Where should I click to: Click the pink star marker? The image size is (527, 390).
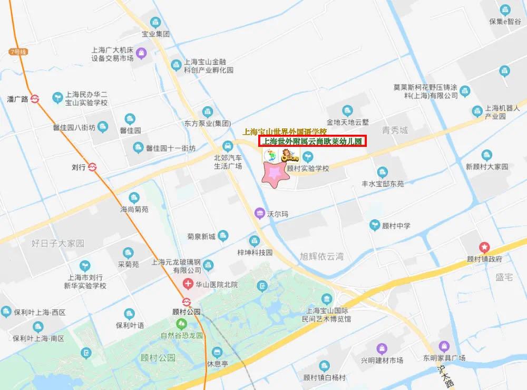(275, 175)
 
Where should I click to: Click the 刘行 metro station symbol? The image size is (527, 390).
(93, 167)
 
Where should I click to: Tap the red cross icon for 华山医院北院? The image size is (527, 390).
(187, 285)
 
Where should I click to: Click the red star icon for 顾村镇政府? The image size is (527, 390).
(483, 246)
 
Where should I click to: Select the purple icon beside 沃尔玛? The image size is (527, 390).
(259, 213)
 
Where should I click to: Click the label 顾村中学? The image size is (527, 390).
(396, 226)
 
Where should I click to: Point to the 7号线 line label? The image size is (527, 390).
(17, 51)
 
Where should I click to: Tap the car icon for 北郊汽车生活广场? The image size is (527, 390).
(228, 146)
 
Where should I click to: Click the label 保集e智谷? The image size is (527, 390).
(505, 22)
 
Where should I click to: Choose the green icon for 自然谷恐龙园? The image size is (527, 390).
(181, 323)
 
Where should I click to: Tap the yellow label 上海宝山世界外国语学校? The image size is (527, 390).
(284, 131)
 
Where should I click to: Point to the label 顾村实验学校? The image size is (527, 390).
(308, 169)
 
